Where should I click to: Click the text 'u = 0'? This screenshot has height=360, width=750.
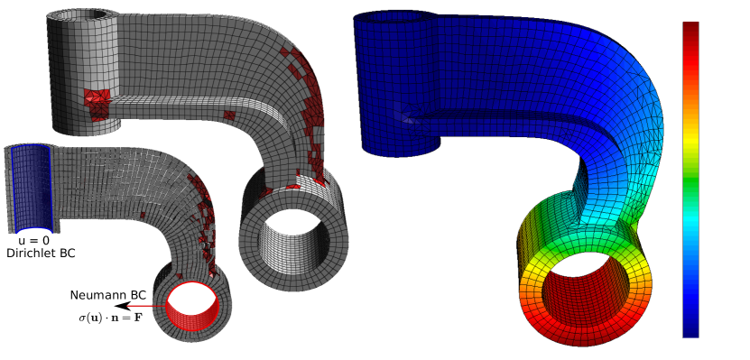33,241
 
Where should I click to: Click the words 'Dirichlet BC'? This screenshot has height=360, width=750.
42,253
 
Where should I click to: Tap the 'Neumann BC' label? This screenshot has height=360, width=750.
108,295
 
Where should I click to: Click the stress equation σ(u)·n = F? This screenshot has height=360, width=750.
110,318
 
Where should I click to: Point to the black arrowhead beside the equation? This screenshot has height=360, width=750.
124,306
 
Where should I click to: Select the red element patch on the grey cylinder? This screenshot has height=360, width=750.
97,103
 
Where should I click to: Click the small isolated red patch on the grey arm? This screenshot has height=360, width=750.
229,115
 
